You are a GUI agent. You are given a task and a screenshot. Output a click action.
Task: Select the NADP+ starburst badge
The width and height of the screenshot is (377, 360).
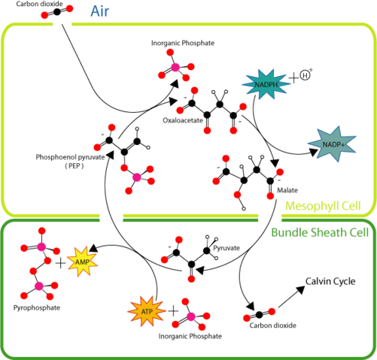[x=332, y=143]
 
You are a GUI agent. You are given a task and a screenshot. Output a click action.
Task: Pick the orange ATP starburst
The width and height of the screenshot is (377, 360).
[x=147, y=310]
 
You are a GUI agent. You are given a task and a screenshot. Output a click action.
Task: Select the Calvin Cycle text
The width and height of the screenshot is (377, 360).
[x=329, y=283]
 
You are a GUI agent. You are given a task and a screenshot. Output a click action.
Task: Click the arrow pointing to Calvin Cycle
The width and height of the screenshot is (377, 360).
[x=290, y=298]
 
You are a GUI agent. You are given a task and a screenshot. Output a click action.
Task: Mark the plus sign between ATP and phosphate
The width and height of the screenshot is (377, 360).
[x=173, y=310]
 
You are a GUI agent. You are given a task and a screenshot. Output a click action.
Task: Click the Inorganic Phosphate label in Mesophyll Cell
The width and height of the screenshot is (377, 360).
[x=177, y=44]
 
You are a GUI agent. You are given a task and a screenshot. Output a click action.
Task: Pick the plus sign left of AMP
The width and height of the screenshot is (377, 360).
[x=60, y=263]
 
